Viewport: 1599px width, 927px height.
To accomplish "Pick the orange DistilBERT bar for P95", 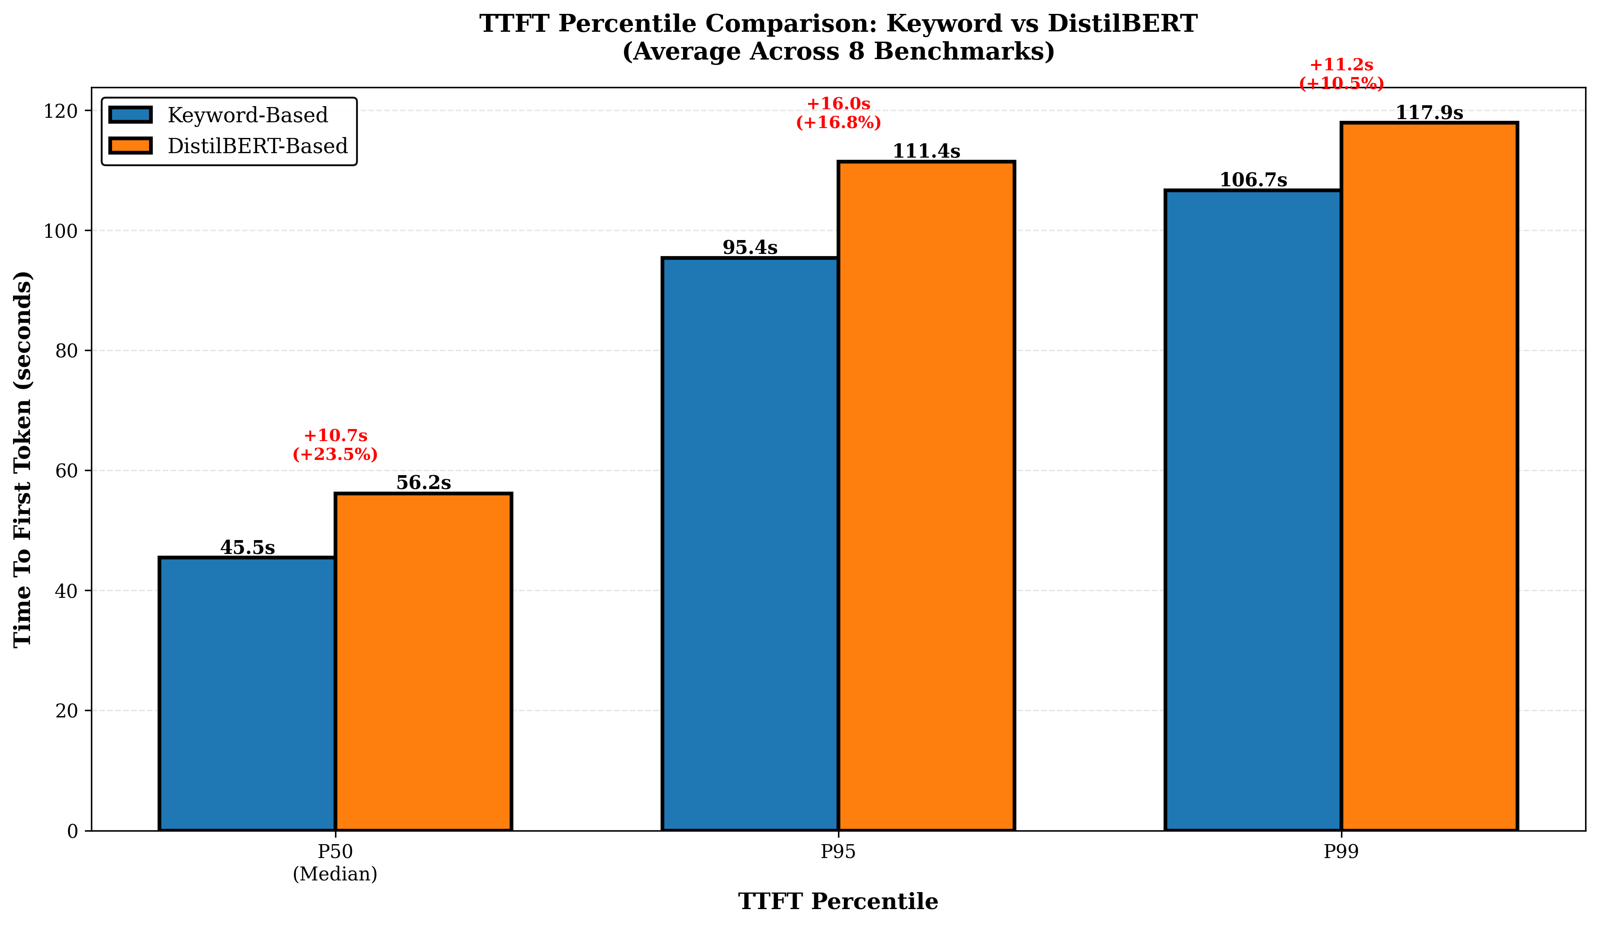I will tap(926, 496).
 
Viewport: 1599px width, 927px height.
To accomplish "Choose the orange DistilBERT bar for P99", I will tap(1429, 476).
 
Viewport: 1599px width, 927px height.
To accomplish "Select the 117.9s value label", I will tap(1429, 112).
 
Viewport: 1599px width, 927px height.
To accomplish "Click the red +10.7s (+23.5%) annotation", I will tap(335, 445).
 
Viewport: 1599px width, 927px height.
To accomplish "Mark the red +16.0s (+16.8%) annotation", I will tap(838, 113).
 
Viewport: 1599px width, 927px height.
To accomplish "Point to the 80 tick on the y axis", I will tap(66, 351).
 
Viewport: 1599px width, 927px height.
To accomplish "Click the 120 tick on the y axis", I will tap(60, 111).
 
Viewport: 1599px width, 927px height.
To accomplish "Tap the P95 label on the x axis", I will tap(838, 851).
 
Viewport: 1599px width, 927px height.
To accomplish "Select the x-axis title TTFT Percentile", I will tap(838, 901).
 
